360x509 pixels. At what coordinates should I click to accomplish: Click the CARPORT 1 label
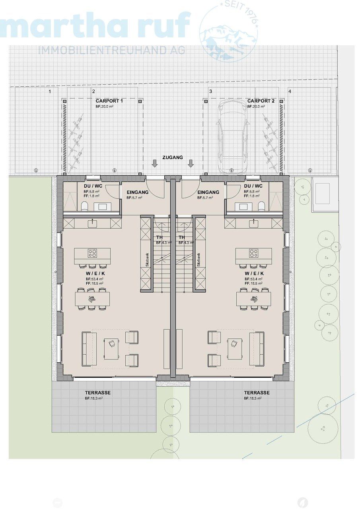tap(109, 101)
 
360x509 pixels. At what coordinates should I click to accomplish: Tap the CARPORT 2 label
tap(261, 101)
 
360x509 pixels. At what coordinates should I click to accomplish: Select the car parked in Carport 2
tap(232, 135)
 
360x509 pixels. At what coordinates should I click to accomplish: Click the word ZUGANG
tap(172, 157)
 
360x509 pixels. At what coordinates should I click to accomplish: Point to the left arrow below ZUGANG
tap(155, 163)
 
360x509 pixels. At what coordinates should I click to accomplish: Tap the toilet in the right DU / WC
tap(261, 206)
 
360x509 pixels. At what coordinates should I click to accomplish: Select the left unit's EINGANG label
tap(138, 192)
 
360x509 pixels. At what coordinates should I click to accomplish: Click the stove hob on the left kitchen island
tap(93, 253)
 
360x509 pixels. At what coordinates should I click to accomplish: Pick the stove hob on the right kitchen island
tap(253, 253)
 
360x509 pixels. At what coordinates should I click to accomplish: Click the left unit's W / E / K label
tap(95, 274)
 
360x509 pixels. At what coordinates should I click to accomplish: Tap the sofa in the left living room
tap(89, 348)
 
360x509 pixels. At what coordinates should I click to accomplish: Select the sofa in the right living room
tap(257, 348)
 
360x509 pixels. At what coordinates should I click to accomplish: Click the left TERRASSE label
tap(98, 392)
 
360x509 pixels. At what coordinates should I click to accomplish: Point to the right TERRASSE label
tap(257, 392)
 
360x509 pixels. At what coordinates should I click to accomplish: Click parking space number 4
tap(290, 91)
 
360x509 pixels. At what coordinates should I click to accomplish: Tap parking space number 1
tap(50, 91)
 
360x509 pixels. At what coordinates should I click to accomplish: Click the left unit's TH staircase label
tap(159, 237)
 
